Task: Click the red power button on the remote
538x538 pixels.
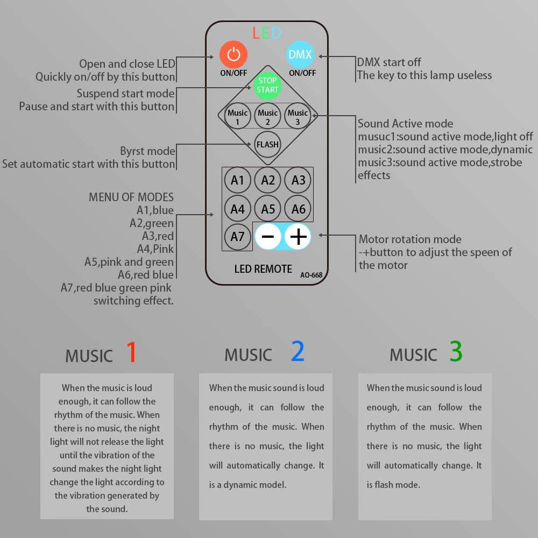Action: point(233,54)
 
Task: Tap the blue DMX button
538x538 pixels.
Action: point(300,54)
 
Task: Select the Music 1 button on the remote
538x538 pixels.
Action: point(237,116)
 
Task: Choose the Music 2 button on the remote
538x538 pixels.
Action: point(267,116)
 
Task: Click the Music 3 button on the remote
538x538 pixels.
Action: point(298,116)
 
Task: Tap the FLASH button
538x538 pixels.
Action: point(267,144)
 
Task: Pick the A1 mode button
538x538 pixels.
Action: point(237,180)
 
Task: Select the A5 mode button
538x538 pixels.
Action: point(268,209)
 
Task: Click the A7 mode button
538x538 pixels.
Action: point(237,236)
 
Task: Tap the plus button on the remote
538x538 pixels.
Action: point(298,236)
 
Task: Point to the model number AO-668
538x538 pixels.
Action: point(311,275)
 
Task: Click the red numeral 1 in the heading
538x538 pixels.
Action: point(132,352)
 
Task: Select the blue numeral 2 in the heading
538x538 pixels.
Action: point(298,351)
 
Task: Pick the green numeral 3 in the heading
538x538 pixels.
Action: point(456,351)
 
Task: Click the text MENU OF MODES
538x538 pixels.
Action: point(131,197)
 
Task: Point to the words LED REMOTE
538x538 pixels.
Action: point(263,269)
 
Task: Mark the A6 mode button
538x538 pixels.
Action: point(298,209)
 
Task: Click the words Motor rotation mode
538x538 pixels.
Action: point(410,239)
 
